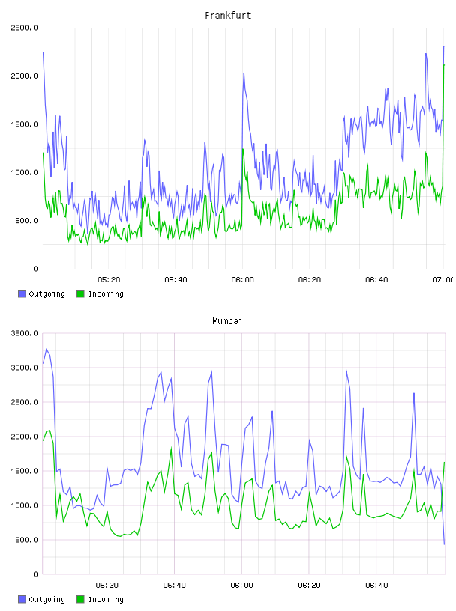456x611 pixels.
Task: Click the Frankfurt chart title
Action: point(228,16)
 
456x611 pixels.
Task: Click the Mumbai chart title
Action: point(227,321)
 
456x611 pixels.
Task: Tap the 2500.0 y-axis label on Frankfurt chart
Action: point(24,28)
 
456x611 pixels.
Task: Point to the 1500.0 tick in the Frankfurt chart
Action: point(24,124)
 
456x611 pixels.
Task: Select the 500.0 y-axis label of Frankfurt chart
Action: point(26,221)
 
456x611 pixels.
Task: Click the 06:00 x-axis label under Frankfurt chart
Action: point(242,280)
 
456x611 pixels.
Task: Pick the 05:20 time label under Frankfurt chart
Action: point(109,280)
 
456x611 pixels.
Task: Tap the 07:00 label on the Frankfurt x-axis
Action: point(443,280)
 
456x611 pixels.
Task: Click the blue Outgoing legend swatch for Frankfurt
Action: point(22,294)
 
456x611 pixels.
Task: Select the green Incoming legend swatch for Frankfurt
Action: point(80,294)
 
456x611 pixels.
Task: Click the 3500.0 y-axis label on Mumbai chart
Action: point(24,333)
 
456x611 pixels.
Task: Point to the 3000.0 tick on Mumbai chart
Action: point(24,368)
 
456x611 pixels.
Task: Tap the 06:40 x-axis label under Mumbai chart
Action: point(376,586)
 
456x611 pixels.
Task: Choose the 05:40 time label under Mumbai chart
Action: point(174,586)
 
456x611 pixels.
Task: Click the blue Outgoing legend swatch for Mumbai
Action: point(22,599)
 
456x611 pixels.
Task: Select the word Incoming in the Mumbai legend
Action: point(106,600)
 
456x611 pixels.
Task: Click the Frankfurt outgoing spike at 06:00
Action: point(244,73)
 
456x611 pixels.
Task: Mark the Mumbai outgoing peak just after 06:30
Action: point(346,370)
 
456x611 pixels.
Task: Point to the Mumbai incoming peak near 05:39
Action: point(171,447)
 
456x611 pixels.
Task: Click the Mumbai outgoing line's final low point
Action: point(444,544)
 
